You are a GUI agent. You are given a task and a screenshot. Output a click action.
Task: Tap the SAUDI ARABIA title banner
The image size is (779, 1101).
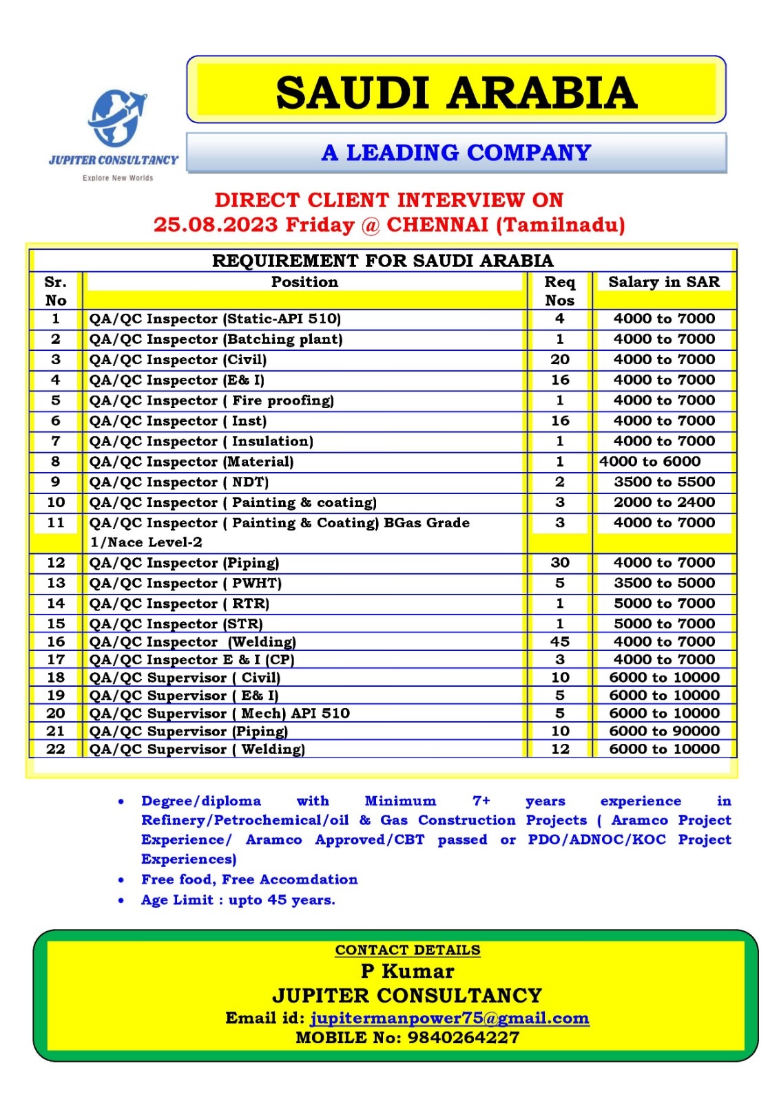click(456, 92)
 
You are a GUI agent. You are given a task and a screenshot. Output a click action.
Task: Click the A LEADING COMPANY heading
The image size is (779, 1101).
click(456, 152)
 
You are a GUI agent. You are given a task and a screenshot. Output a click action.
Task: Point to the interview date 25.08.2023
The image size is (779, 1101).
click(215, 225)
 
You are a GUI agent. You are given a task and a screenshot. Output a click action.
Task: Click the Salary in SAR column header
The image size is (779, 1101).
click(663, 282)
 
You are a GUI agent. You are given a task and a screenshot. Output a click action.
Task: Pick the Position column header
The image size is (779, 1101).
click(304, 282)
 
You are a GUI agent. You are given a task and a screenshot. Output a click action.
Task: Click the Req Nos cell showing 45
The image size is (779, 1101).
click(560, 641)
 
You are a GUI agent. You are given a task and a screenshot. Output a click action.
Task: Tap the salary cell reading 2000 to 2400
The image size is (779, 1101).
click(664, 502)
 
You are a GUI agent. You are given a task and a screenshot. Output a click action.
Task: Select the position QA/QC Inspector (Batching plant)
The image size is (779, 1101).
click(216, 339)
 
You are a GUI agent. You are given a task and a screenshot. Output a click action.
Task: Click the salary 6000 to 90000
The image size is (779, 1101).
click(664, 731)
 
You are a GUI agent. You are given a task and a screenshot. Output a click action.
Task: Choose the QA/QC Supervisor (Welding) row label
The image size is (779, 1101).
click(197, 749)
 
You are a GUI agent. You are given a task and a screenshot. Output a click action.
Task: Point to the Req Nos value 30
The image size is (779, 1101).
click(560, 562)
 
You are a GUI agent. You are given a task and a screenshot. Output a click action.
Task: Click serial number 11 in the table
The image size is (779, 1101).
click(56, 523)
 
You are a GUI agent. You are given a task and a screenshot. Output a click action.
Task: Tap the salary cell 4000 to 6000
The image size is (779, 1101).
click(650, 462)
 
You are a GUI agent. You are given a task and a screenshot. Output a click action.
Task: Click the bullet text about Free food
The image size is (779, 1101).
click(249, 879)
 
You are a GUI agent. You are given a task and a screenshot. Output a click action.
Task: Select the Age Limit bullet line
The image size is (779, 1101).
click(238, 900)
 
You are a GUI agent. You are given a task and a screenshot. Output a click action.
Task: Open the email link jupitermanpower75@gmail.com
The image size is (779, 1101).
click(450, 1018)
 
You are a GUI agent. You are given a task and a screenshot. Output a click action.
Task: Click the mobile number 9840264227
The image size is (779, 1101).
click(464, 1038)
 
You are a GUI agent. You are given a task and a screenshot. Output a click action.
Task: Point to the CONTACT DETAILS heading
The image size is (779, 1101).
click(408, 950)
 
